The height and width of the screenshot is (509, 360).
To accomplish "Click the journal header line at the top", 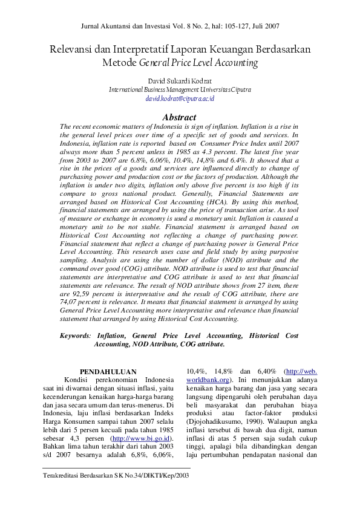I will (x=180, y=26).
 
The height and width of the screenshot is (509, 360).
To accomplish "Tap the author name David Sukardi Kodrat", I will (x=180, y=80).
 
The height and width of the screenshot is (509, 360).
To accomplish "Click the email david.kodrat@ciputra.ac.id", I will (x=180, y=97).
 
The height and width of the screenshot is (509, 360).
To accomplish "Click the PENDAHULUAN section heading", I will (x=108, y=372).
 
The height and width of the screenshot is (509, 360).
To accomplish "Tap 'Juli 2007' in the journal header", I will (x=265, y=26).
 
